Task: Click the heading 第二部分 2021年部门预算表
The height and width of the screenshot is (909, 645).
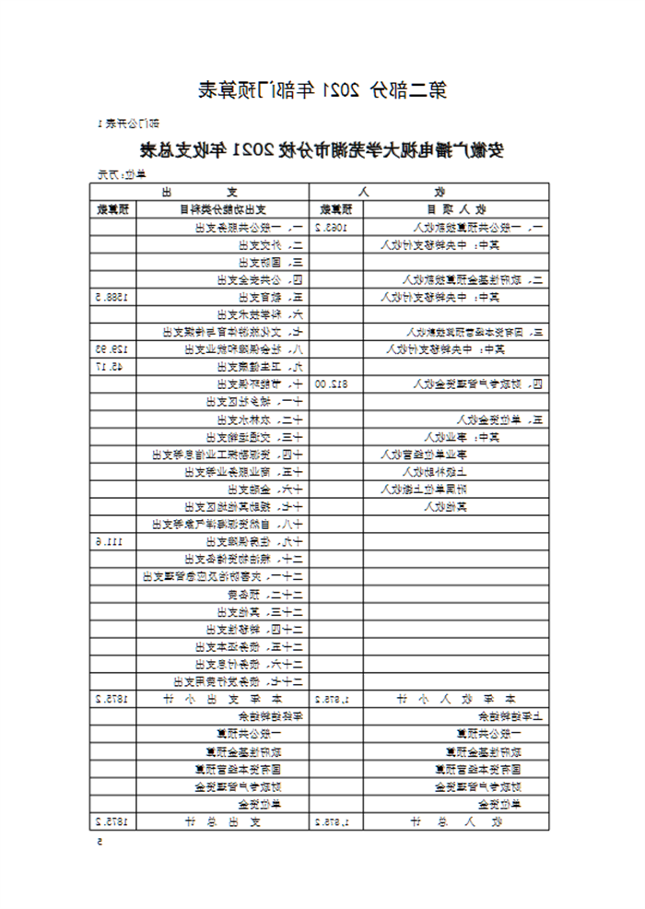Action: click(x=322, y=90)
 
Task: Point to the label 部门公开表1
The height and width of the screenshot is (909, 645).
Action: click(x=129, y=123)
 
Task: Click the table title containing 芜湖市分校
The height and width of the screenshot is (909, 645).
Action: click(x=322, y=149)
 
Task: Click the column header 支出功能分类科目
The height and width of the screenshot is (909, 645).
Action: click(x=226, y=208)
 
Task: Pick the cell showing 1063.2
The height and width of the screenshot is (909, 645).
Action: click(x=331, y=226)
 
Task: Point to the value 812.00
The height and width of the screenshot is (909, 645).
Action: click(x=332, y=384)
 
